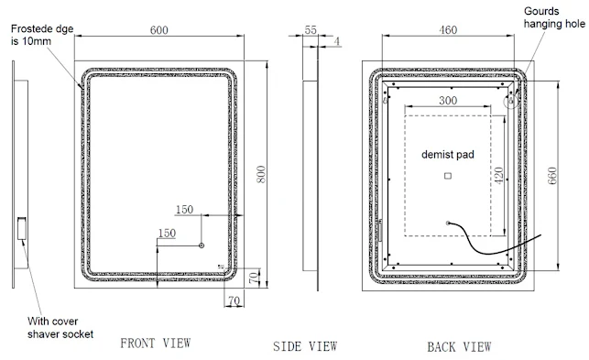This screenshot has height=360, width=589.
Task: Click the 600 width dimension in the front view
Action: click(159, 30)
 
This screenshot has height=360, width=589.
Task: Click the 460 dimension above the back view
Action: click(449, 30)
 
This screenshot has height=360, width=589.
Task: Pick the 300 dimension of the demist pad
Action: click(449, 100)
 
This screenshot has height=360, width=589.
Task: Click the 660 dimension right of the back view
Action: click(552, 177)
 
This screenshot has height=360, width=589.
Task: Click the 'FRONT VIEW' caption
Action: click(156, 344)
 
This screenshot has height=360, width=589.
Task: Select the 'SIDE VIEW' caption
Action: click(305, 346)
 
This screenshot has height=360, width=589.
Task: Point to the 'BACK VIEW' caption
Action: click(458, 346)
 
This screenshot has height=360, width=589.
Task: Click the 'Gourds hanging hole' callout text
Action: click(550, 17)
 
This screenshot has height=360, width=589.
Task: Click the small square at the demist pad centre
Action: click(448, 176)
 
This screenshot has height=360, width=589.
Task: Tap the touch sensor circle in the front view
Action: click(202, 245)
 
